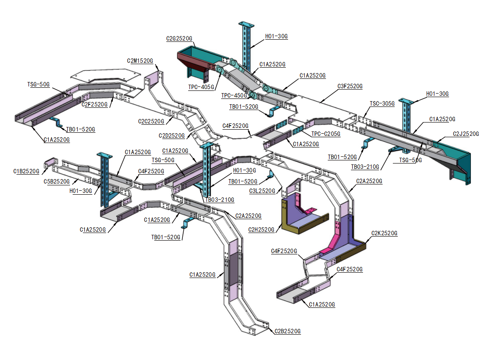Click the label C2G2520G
point(179,39)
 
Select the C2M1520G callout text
point(140,61)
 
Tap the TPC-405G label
point(201,87)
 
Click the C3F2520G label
point(350,86)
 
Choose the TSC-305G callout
point(382,103)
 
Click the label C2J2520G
point(466,134)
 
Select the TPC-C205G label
point(326,134)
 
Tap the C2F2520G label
point(95,104)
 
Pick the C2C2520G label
point(151,121)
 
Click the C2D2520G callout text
point(172,135)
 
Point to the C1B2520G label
point(26,171)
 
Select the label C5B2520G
point(57,181)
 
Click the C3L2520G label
point(262,191)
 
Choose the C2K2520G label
point(384,233)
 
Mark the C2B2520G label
point(288,331)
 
